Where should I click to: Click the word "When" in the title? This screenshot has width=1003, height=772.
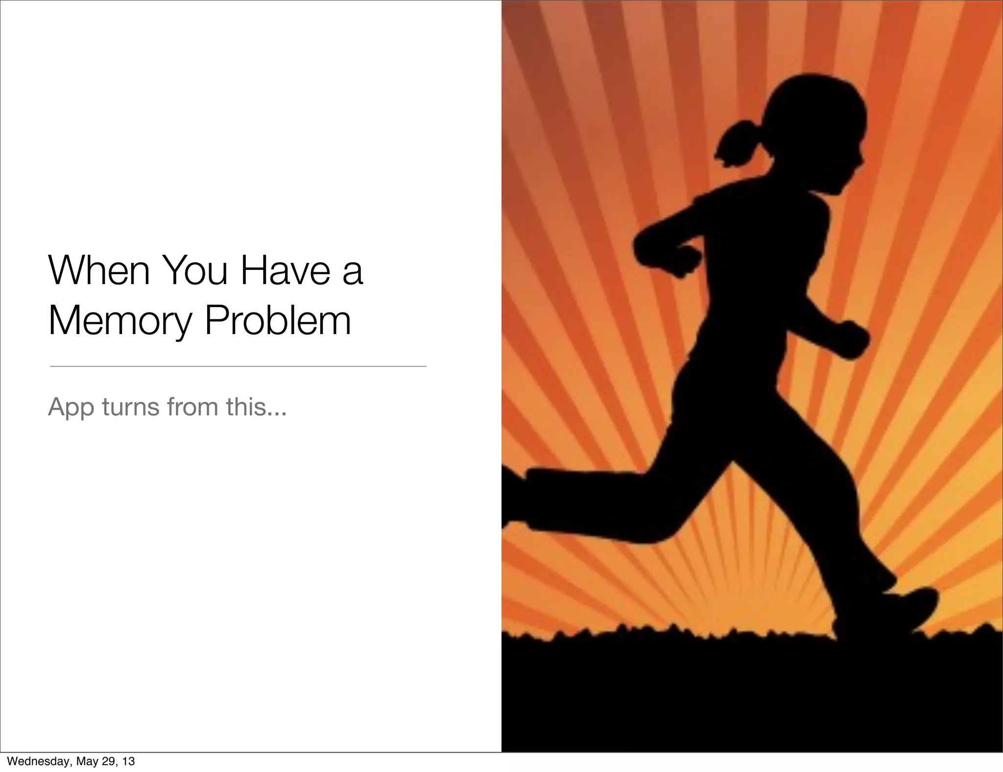tap(99, 270)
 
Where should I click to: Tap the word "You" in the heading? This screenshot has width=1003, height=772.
tap(194, 270)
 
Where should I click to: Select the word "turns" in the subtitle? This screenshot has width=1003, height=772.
tap(131, 407)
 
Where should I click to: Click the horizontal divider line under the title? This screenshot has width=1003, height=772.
tap(238, 366)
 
